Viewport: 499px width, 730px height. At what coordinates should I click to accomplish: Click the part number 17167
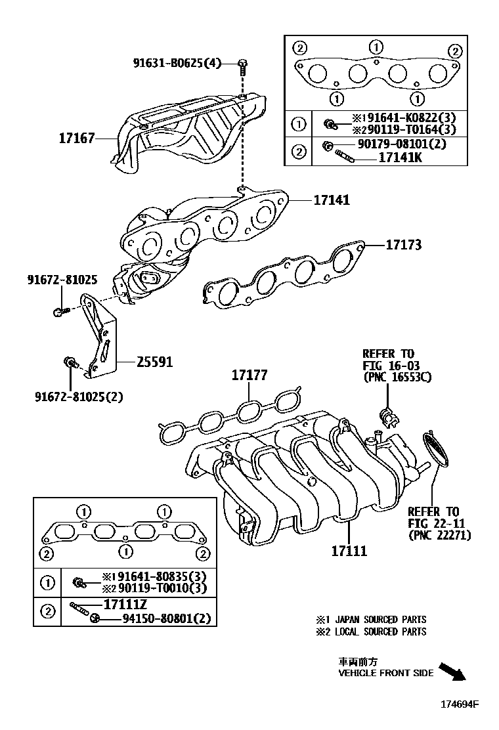tap(77, 139)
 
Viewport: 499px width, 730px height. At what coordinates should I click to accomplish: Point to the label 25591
tap(154, 362)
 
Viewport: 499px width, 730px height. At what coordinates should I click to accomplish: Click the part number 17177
tap(249, 376)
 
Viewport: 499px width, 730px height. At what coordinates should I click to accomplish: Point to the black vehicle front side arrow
tap(452, 672)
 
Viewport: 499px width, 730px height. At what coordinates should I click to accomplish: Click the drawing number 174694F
tap(459, 705)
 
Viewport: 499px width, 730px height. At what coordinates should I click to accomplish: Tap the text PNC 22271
tap(439, 535)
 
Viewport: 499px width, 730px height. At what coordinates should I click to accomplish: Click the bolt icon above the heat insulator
tap(244, 64)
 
